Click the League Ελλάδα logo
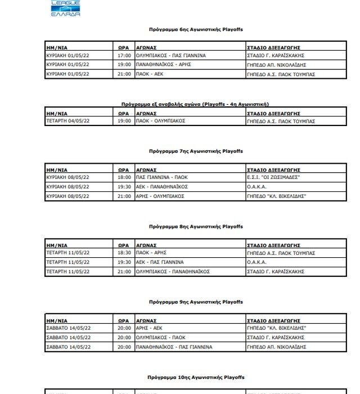tap(65, 7)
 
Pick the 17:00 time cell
tap(124, 56)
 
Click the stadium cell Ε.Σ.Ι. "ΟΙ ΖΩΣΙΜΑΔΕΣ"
tap(273, 177)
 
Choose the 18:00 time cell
tap(124, 177)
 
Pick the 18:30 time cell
tap(124, 253)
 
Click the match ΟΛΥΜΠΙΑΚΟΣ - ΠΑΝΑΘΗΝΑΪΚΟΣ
tap(173, 271)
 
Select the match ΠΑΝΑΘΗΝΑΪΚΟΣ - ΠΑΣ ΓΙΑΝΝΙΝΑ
tap(174, 347)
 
